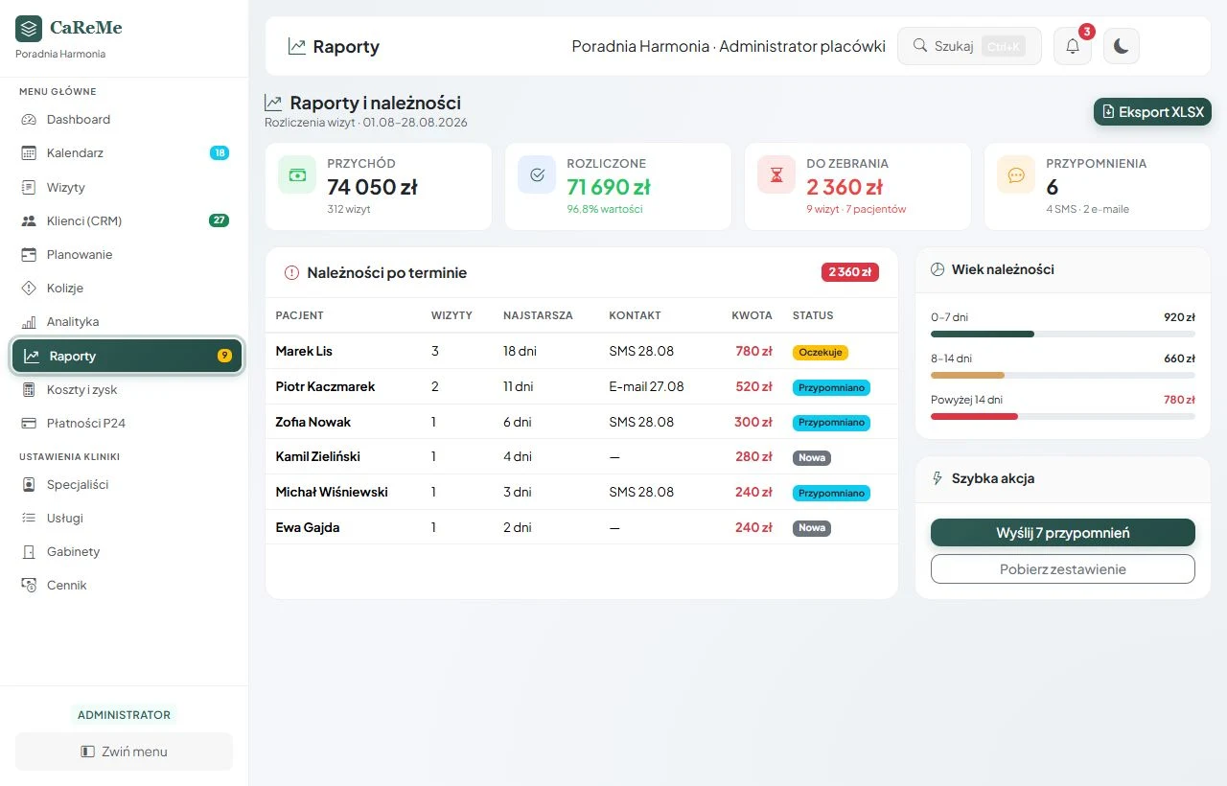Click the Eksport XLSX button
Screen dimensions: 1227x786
[1152, 112]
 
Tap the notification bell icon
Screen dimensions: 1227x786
[1073, 46]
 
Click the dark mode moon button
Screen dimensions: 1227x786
[1122, 46]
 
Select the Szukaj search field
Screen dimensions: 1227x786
[969, 46]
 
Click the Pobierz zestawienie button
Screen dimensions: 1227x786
[1063, 569]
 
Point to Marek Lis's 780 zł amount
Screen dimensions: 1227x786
[753, 351]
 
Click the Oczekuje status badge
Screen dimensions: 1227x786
[820, 352]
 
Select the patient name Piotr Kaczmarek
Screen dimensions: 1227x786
[325, 386]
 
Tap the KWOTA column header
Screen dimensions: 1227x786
[752, 315]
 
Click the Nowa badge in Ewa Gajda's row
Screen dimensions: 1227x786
[811, 528]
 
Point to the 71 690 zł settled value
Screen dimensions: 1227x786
[609, 187]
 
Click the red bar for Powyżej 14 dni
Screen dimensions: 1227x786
[974, 417]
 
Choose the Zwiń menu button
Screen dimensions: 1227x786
[124, 751]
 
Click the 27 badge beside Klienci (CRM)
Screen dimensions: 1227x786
[219, 220]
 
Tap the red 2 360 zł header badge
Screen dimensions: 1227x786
[849, 272]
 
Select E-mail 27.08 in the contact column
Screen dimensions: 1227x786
[646, 386]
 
